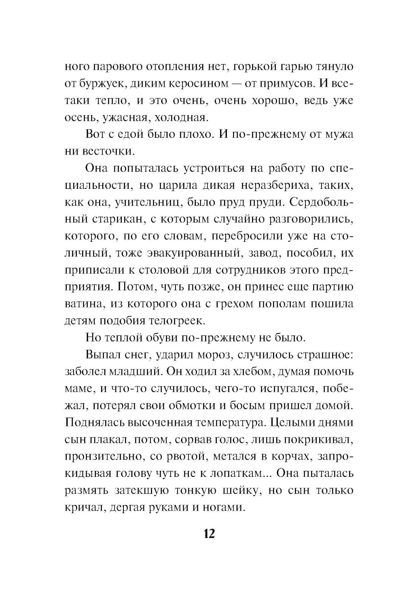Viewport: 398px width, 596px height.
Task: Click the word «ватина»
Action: [x=85, y=304]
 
